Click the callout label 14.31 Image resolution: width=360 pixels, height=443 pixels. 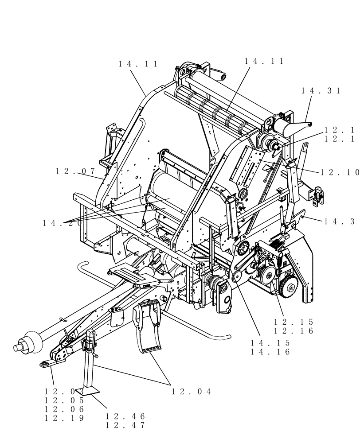tap(321, 91)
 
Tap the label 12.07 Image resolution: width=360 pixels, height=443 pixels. tap(76, 171)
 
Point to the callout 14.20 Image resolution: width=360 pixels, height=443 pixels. tap(63, 223)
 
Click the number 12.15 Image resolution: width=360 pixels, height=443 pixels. tap(293, 322)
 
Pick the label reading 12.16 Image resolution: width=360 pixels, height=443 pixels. tap(293, 331)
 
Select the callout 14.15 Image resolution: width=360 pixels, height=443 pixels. tap(270, 343)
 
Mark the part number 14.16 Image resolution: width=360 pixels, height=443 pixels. tap(270, 352)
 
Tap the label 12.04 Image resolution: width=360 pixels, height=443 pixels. tap(192, 391)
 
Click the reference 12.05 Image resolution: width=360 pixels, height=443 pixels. tap(64, 400)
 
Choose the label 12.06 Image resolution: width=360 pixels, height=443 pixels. tap(64, 409)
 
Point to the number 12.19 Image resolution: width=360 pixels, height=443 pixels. tap(64, 418)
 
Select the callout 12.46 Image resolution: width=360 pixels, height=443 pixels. tap(125, 416)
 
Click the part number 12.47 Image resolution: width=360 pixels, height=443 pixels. tap(125, 425)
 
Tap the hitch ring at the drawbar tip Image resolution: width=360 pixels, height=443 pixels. tap(44, 365)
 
